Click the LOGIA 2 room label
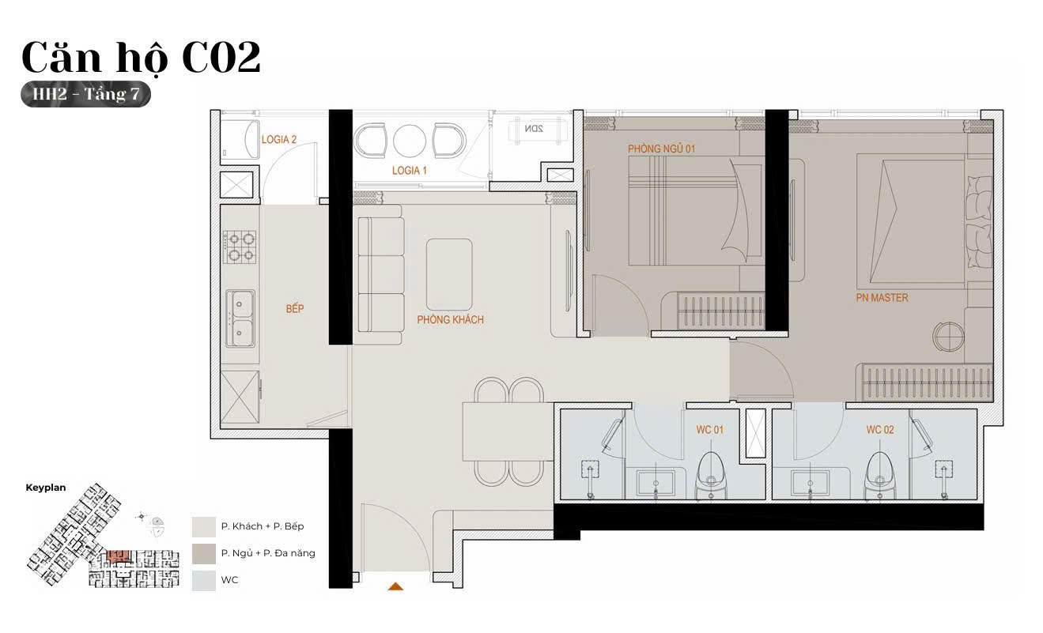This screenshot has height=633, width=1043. tap(279, 139)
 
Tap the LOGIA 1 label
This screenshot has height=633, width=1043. tap(410, 171)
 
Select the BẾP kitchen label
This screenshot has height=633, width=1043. tap(295, 308)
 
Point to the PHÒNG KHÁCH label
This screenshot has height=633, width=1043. tap(450, 320)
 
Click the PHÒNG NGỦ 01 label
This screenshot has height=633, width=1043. tap(661, 149)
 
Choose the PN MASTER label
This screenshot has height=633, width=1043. tap(882, 298)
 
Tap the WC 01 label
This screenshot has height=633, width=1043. tap(710, 430)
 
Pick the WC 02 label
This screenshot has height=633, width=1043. tap(880, 430)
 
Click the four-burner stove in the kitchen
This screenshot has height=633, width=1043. tap(240, 247)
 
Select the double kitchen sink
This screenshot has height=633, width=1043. tap(240, 318)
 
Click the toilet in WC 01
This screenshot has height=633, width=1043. tap(711, 476)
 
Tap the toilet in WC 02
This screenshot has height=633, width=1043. tap(880, 476)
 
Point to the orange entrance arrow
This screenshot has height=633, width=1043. tap(395, 586)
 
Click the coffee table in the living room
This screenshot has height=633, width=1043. tap(449, 274)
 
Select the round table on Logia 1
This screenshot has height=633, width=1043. tap(410, 141)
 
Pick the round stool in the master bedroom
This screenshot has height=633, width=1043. tap(948, 337)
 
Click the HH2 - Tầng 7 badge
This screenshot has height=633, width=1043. tap(85, 94)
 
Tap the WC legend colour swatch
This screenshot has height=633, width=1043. tap(204, 580)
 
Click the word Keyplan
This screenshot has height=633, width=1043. tap(46, 488)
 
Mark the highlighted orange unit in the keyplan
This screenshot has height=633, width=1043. tap(118, 556)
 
